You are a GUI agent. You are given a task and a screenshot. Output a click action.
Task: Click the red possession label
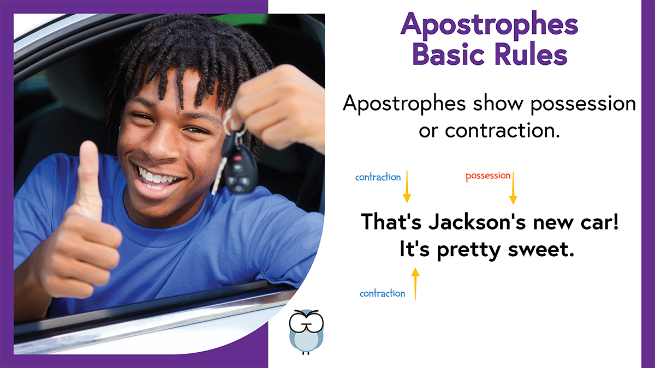point(488,176)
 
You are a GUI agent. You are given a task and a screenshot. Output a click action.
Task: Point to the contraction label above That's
point(378,177)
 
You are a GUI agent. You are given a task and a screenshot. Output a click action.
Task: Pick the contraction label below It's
point(382,293)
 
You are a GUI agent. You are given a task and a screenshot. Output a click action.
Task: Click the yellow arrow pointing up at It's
point(415,284)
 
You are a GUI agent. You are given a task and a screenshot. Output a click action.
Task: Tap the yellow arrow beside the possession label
point(513,188)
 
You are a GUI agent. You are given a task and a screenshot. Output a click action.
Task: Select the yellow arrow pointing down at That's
point(407,186)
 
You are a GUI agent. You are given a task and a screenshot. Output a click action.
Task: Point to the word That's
point(391,222)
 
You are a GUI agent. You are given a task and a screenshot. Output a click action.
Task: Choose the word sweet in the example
point(541,250)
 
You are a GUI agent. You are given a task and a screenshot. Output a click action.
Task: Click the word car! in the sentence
point(600,222)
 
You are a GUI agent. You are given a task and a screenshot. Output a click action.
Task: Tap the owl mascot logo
point(306,332)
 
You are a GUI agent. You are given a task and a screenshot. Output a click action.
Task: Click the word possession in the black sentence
point(583,105)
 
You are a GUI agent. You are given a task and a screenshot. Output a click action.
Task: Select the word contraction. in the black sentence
point(502,130)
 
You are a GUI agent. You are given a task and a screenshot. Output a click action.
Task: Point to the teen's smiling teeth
point(157,178)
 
